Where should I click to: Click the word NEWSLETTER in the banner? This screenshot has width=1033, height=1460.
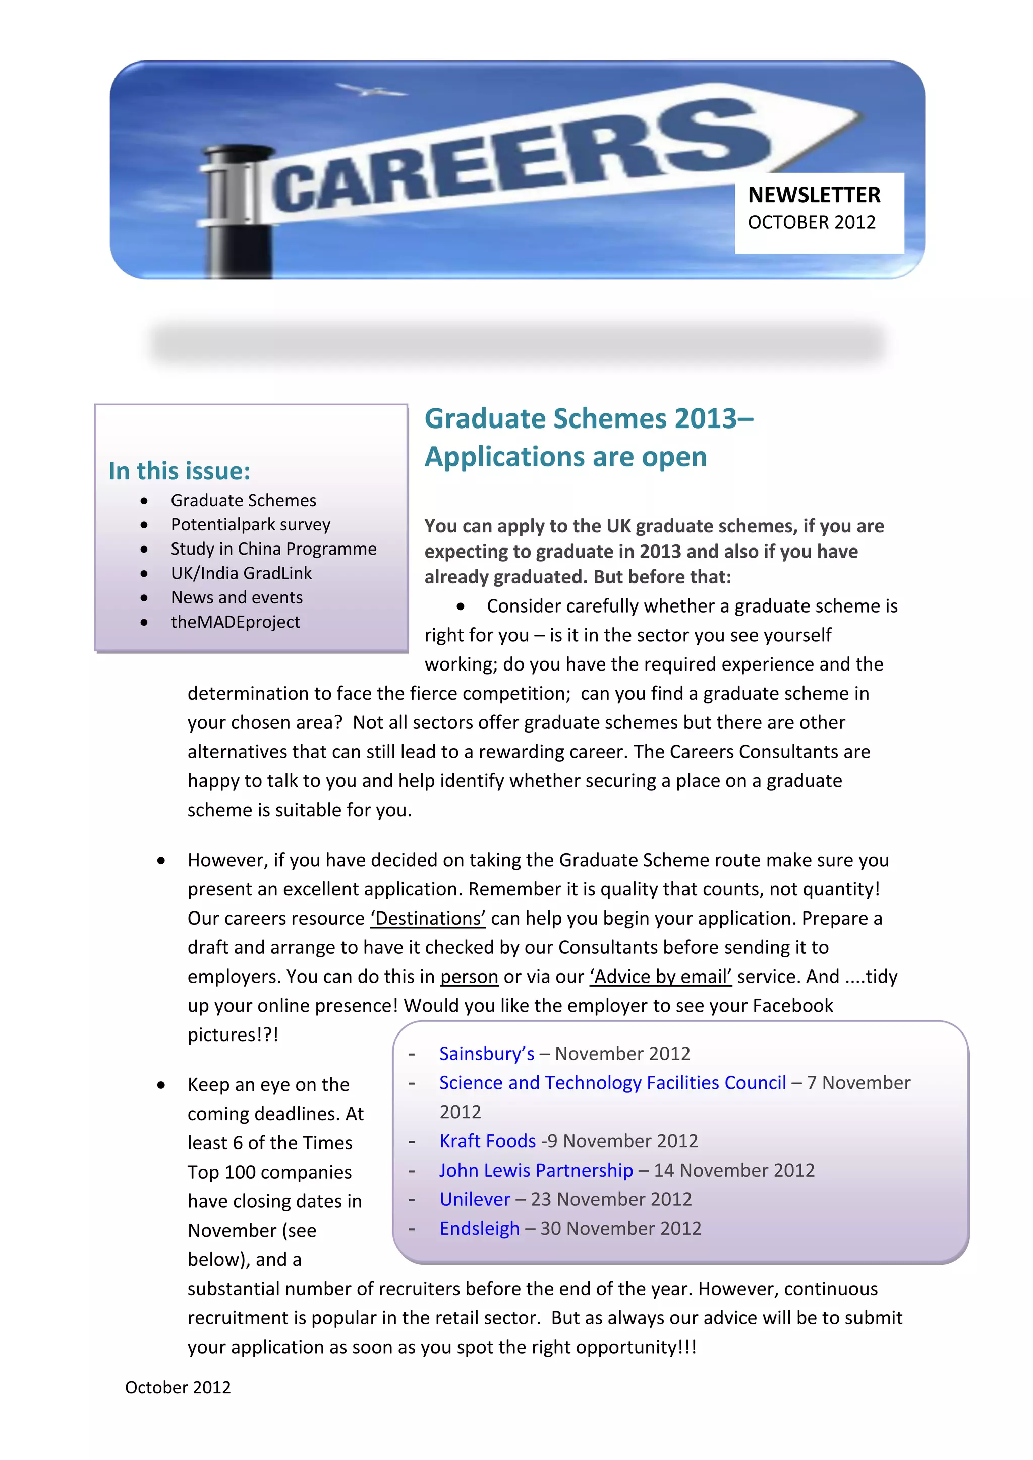point(814,195)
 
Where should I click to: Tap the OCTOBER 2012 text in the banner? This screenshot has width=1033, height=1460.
point(811,222)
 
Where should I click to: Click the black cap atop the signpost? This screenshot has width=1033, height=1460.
point(238,153)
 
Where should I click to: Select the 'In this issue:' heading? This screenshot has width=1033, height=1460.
point(180,471)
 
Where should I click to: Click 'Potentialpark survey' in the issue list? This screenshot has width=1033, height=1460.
point(251,525)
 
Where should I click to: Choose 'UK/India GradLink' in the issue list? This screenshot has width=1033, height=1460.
point(241,573)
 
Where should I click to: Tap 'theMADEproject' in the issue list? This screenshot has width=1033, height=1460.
point(236,622)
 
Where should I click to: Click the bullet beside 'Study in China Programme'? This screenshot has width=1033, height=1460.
point(144,550)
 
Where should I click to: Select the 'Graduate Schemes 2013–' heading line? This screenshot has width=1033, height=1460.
point(589,419)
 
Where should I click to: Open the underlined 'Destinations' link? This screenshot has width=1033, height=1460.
point(428,918)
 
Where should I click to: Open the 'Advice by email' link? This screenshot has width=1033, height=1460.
point(661,976)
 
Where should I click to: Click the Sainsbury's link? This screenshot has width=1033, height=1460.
point(487,1054)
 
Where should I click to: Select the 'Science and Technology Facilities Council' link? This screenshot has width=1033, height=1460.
point(612,1083)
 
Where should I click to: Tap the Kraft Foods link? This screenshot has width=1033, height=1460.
point(487,1141)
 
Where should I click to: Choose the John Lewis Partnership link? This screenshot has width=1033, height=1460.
point(536,1170)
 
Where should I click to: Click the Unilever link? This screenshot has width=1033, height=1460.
point(475,1199)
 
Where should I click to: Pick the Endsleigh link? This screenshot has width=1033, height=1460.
point(479,1229)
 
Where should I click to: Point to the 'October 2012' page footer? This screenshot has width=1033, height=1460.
point(178,1387)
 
